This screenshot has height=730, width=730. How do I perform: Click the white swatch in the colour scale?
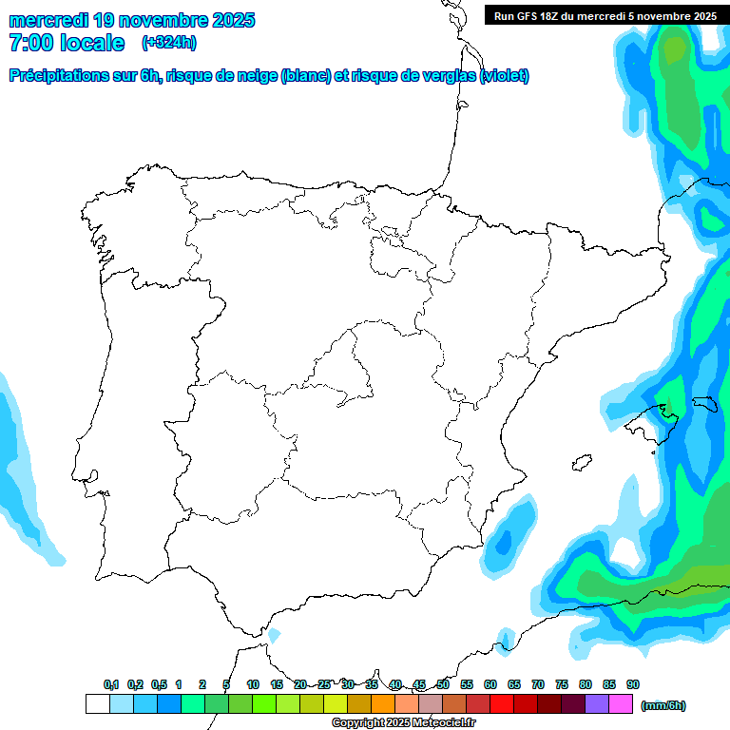tap(97, 704)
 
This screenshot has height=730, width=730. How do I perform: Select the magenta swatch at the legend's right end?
tap(621, 704)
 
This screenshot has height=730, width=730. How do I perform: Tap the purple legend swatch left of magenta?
tap(597, 704)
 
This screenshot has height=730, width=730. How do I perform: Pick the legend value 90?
tap(633, 684)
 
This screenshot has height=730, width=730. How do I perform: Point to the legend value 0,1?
tap(111, 684)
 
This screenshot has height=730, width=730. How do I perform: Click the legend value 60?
tap(490, 684)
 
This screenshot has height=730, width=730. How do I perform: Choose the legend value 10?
tap(253, 684)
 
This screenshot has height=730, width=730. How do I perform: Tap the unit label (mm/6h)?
tap(663, 705)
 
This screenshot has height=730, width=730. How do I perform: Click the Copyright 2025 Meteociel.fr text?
tap(403, 723)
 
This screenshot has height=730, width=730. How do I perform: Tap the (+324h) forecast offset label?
tap(168, 43)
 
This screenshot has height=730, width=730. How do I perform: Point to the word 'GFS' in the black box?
tap(526, 15)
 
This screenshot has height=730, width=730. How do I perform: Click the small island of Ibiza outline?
tap(579, 463)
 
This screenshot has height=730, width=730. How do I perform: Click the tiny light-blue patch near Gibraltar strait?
tap(275, 634)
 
